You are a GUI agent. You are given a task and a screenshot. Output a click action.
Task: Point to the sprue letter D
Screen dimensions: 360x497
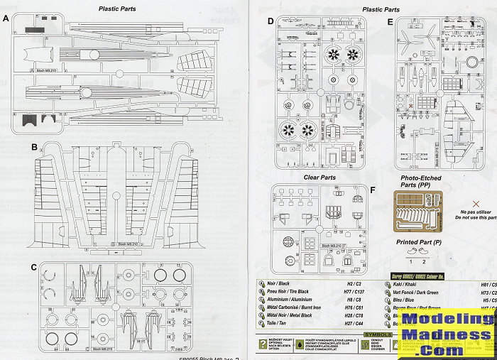point(271,21)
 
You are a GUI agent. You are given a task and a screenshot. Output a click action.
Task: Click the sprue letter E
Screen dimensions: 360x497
point(390,22)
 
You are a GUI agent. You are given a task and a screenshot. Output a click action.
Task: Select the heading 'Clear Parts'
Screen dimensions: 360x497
point(320,178)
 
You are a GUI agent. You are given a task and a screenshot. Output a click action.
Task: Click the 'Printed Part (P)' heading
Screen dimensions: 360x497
point(422,243)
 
